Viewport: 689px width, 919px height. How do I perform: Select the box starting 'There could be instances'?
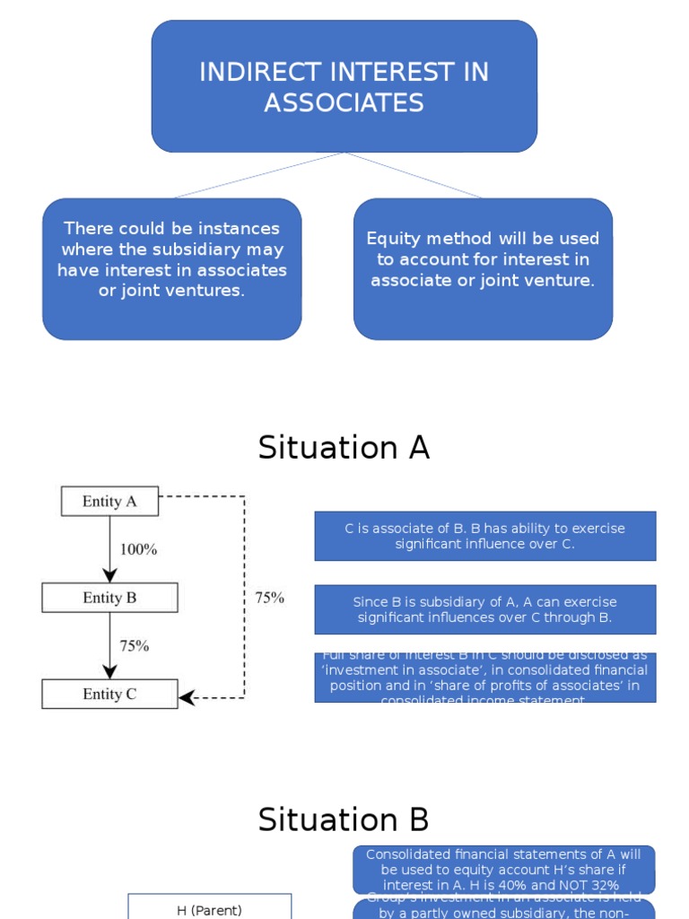pos(171,269)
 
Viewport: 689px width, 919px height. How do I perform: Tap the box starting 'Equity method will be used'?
pos(483,269)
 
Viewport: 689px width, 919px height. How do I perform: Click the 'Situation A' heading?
pos(344,447)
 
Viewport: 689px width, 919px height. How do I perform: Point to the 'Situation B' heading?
pos(344,819)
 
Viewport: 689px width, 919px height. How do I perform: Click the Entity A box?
pos(109,502)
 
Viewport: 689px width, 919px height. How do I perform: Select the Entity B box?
pos(109,598)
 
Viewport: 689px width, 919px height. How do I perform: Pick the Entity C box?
pos(109,694)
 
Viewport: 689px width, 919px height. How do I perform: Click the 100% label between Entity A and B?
pos(138,549)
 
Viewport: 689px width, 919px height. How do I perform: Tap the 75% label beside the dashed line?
pos(269,598)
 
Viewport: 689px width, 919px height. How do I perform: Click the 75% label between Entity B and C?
pos(135,645)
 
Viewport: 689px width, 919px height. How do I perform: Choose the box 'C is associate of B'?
pos(484,536)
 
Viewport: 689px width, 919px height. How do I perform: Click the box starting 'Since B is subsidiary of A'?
pos(484,609)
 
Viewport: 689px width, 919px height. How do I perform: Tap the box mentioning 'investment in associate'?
pos(484,678)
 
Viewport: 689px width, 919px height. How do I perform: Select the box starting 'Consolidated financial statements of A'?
pos(503,869)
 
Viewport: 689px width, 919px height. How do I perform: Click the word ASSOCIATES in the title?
pos(344,103)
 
